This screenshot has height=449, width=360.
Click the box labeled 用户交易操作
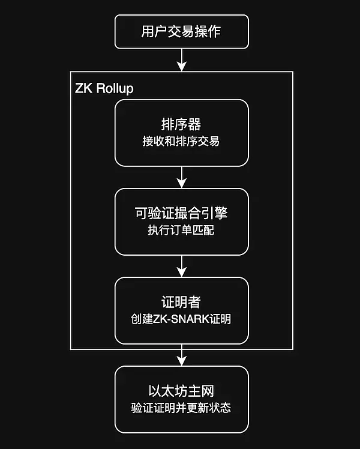click(x=181, y=31)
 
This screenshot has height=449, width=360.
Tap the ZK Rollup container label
click(x=104, y=88)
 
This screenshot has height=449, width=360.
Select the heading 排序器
click(x=181, y=125)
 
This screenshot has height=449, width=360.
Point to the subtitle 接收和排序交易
click(x=181, y=142)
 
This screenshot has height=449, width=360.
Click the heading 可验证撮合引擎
click(x=181, y=214)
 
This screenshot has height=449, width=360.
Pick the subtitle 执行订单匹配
click(x=181, y=230)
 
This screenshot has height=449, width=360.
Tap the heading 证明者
click(x=181, y=303)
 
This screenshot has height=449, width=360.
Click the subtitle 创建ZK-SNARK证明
click(x=181, y=319)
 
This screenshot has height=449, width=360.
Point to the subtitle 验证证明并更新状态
click(x=181, y=408)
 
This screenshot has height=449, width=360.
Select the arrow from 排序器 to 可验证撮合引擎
click(x=181, y=177)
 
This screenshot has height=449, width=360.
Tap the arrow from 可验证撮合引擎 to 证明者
click(x=181, y=266)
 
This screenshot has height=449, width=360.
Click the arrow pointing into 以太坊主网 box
click(x=181, y=355)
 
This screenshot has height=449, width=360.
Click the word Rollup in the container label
click(x=115, y=88)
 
